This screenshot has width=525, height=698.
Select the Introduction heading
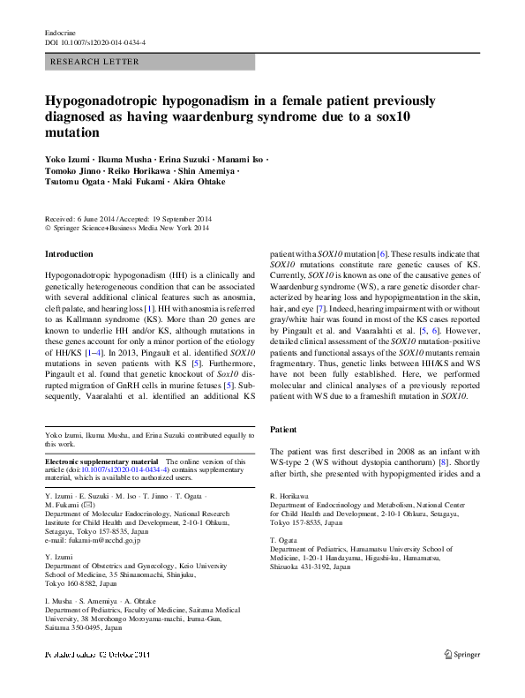(69, 254)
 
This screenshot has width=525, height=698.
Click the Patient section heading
(283, 429)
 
